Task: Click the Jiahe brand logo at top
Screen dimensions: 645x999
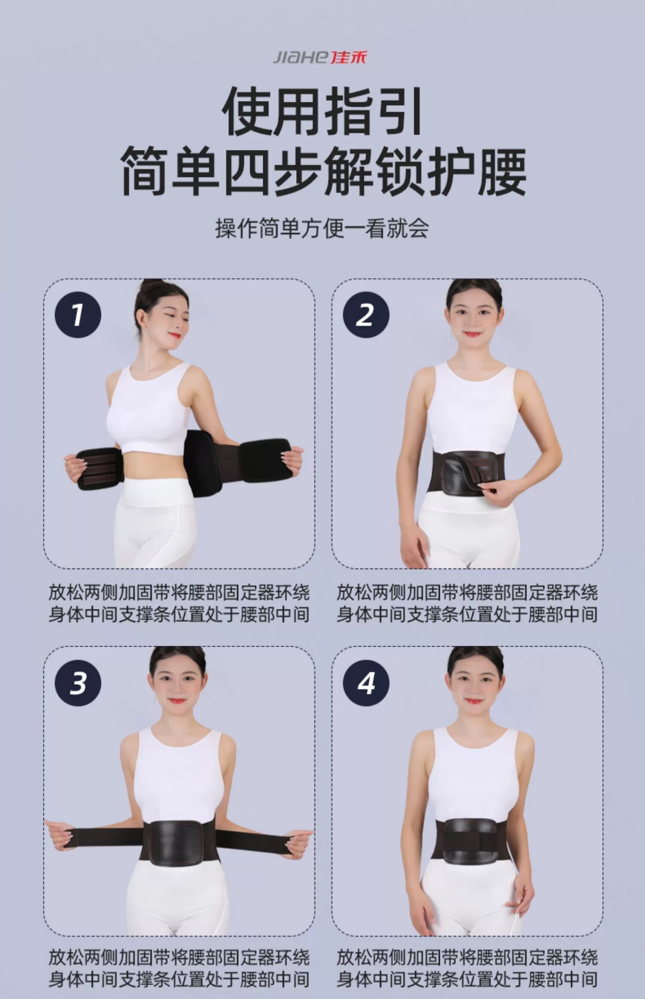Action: [x=320, y=58]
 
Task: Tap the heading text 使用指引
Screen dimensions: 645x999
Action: [x=322, y=111]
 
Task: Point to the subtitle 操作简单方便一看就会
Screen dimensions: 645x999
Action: [x=322, y=228]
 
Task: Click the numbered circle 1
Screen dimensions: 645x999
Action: [x=78, y=314]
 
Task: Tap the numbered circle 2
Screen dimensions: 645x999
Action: [x=366, y=314]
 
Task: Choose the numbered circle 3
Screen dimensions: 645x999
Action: [x=78, y=683]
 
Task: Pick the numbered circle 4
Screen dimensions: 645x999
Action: [x=366, y=683]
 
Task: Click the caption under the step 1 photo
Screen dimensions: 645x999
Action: [x=179, y=603]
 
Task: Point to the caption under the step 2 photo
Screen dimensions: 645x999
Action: [x=467, y=603]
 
